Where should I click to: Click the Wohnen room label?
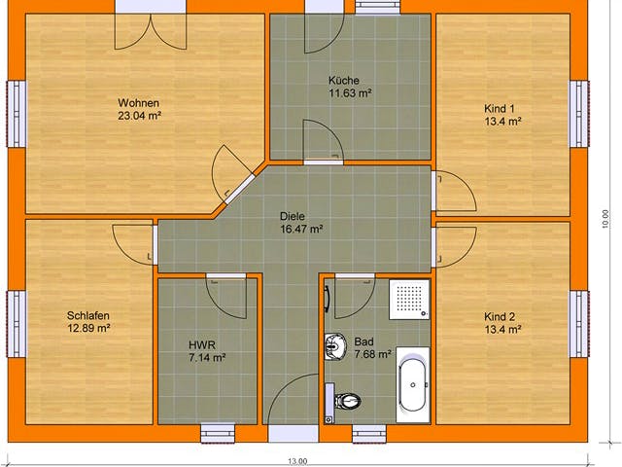coord(139,103)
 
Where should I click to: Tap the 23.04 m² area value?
coord(139,116)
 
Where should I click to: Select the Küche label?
coord(344,81)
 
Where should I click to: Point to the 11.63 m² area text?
coord(351,93)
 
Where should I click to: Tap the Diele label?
coord(293,216)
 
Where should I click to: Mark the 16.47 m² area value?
coord(300,229)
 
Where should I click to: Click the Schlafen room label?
coord(88,316)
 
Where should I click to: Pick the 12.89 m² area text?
coord(88,329)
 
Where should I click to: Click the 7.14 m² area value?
coord(207,357)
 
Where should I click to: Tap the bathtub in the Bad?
coord(413,386)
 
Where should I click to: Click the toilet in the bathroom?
coord(347,400)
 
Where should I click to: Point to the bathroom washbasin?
coord(335,344)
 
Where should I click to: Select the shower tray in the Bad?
coord(409,296)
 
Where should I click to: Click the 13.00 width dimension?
coord(297,460)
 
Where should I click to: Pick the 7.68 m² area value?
coord(372,355)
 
